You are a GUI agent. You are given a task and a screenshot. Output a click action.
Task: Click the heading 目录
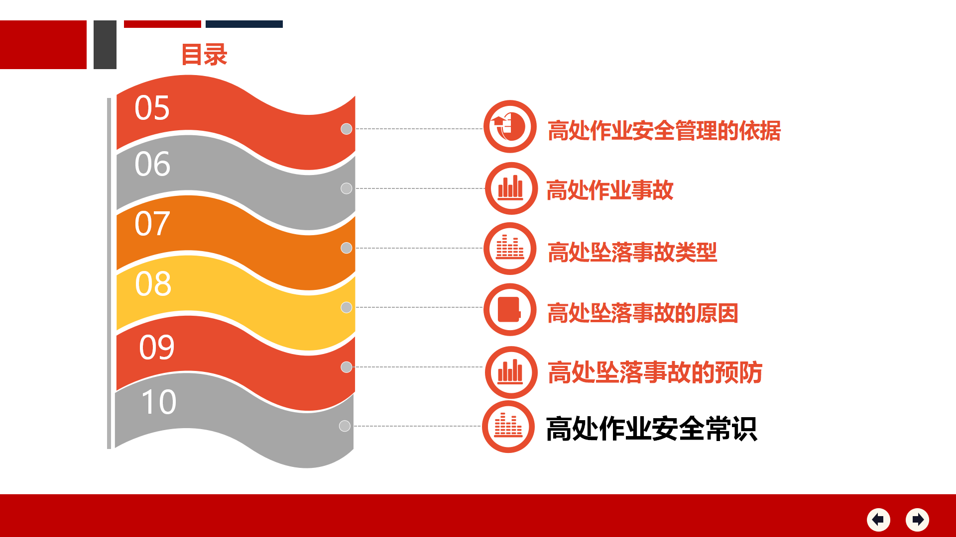click(x=204, y=55)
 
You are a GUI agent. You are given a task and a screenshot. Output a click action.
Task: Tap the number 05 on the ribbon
click(x=152, y=108)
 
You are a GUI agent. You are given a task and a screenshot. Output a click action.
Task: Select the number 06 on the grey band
click(x=152, y=164)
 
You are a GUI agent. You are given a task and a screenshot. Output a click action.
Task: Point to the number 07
click(x=152, y=224)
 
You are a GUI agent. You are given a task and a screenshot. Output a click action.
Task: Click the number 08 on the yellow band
click(x=153, y=284)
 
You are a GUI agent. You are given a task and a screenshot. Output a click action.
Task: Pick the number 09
click(x=157, y=347)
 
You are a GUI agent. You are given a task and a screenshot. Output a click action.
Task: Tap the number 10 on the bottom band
click(x=159, y=402)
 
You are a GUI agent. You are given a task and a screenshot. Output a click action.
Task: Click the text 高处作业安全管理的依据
click(x=664, y=131)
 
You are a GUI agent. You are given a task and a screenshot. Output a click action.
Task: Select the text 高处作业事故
click(x=610, y=190)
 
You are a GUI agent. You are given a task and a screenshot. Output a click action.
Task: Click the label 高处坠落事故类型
click(x=632, y=252)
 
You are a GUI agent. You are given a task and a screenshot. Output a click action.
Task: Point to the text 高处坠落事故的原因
click(x=643, y=313)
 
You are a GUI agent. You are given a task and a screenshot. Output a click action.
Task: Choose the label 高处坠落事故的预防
click(x=655, y=372)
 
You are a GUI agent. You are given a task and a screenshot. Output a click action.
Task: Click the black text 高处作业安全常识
click(x=652, y=429)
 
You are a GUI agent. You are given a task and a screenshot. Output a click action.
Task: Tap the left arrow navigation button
click(x=878, y=520)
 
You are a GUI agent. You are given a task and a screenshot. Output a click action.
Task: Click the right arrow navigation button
click(x=917, y=520)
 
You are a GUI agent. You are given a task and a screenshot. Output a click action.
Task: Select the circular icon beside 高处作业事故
click(x=511, y=188)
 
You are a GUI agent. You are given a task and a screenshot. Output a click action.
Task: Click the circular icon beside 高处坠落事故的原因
click(x=510, y=310)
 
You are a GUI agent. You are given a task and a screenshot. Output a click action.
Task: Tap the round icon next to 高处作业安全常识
click(x=508, y=427)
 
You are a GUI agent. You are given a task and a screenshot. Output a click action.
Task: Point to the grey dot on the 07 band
click(x=347, y=248)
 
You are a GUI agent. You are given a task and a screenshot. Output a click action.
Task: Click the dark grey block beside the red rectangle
click(x=105, y=45)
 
